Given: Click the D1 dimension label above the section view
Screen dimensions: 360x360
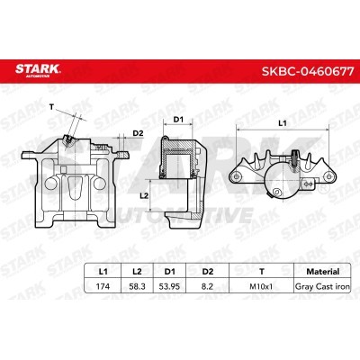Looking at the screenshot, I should click(178, 119).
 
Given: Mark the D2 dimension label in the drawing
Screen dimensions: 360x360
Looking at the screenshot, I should click(138, 135).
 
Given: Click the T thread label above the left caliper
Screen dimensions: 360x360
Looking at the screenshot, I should click(52, 107).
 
